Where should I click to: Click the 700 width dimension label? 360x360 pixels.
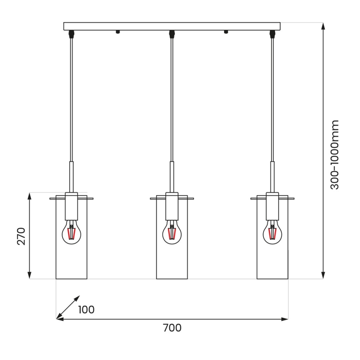pyautogui.click(x=172, y=328)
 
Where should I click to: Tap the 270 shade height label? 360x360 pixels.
pyautogui.click(x=21, y=236)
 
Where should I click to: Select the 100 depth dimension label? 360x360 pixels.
pyautogui.click(x=86, y=309)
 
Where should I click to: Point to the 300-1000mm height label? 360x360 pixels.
pyautogui.click(x=335, y=155)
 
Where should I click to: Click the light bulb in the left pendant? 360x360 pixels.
pyautogui.click(x=71, y=233)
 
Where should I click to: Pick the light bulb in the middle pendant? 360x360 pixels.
pyautogui.click(x=171, y=233)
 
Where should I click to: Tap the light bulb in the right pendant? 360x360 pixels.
pyautogui.click(x=272, y=233)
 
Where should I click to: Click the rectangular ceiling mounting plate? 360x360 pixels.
pyautogui.click(x=172, y=26)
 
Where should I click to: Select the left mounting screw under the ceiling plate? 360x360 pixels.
pyautogui.click(x=118, y=32)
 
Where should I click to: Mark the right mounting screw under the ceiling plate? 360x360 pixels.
pyautogui.click(x=226, y=32)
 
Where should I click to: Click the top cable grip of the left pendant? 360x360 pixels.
pyautogui.click(x=71, y=33)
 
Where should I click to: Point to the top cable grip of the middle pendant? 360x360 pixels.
pyautogui.click(x=171, y=33)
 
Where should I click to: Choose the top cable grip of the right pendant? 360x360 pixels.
pyautogui.click(x=272, y=33)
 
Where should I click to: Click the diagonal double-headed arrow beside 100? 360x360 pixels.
pyautogui.click(x=68, y=307)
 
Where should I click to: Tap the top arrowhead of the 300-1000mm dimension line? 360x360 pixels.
pyautogui.click(x=323, y=26)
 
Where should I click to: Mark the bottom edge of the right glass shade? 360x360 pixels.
pyautogui.click(x=272, y=278)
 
